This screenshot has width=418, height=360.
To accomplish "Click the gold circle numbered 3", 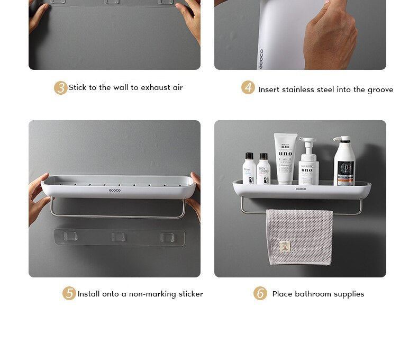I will [60, 88].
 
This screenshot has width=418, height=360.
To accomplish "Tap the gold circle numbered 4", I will [248, 87].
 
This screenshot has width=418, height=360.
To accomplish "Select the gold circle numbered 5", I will [69, 293].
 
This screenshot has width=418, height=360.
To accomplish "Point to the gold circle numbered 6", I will [260, 293].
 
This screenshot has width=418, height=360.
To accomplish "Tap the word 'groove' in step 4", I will [380, 90].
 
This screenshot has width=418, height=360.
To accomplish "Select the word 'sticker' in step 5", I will [190, 294].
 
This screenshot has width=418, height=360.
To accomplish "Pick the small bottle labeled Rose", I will [249, 169].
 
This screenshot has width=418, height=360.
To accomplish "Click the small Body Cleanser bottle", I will [263, 169].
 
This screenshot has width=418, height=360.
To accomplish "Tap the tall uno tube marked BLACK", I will [285, 158].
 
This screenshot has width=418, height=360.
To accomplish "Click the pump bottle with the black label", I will [344, 161].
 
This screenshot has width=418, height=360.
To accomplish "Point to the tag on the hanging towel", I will [285, 246].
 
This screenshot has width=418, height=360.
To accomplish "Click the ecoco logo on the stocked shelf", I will [301, 188].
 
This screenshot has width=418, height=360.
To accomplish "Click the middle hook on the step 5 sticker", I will [118, 236].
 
